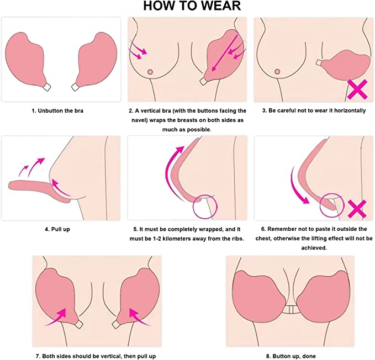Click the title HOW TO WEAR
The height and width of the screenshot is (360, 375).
(x=192, y=6)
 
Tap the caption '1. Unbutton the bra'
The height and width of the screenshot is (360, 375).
(x=57, y=111)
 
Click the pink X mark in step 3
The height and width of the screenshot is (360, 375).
(x=357, y=89)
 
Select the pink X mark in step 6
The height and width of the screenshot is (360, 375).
(x=357, y=209)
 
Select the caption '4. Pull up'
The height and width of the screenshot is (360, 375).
(x=57, y=229)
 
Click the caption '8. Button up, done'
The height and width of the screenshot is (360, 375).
(x=291, y=356)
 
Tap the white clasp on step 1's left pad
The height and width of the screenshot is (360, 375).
(x=46, y=87)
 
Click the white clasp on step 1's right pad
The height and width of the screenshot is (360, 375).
(x=75, y=87)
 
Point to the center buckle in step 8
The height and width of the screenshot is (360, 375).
(x=291, y=310)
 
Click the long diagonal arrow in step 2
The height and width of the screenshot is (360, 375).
(x=225, y=53)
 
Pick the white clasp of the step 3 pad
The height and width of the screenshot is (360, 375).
(x=319, y=62)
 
